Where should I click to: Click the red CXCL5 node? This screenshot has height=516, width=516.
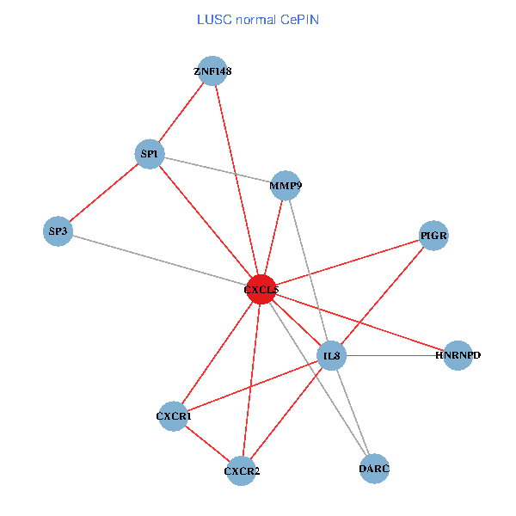pos(261,290)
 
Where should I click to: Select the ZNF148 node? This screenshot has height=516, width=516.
pos(212,71)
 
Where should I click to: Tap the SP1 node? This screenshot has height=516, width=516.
pos(150,155)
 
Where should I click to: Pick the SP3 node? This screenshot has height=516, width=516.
pos(58,231)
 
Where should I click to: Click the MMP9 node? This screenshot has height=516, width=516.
pos(286,185)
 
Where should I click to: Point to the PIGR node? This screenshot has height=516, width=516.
pos(434,235)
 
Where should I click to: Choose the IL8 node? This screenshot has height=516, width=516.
pos(331,356)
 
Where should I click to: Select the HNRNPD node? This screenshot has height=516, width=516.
pos(458,355)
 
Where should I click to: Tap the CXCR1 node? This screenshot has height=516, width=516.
pos(174,416)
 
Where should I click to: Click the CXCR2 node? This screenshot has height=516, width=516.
pos(242,470)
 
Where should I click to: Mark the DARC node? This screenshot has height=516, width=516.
pos(374,469)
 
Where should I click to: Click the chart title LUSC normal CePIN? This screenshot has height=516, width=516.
pos(258,19)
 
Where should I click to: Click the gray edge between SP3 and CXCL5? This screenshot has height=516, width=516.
pos(159,261)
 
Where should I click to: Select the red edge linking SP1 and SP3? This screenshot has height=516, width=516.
pos(103,193)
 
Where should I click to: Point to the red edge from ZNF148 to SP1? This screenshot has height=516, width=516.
pos(181,113)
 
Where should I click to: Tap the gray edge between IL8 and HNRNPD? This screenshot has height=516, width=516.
pos(395,355)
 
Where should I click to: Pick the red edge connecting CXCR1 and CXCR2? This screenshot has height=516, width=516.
pos(207,443)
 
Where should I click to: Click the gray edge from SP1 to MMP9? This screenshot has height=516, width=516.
pos(218,169)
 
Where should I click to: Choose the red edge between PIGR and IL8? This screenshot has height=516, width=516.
pos(383,295)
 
